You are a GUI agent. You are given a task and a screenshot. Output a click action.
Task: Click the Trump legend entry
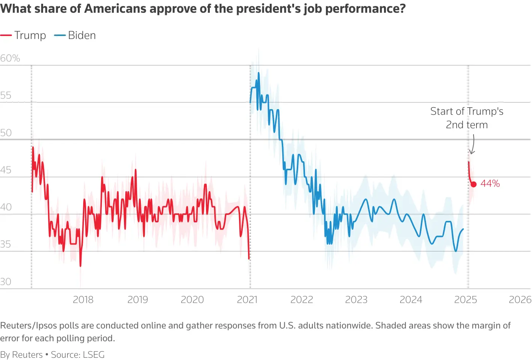(23, 35)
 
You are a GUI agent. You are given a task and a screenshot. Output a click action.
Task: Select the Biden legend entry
(75, 35)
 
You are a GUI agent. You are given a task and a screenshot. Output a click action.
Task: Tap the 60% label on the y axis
(10, 58)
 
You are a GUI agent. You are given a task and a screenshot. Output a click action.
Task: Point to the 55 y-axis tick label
(6, 95)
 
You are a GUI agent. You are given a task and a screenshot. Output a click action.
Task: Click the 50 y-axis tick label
(6, 133)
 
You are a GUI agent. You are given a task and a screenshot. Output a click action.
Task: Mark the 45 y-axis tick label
(6, 170)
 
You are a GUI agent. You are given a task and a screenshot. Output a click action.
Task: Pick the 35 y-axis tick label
(6, 244)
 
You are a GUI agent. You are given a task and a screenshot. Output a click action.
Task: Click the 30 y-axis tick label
(6, 282)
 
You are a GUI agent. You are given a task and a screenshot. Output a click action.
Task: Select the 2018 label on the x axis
(83, 300)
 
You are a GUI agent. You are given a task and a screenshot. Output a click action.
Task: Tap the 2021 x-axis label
(247, 300)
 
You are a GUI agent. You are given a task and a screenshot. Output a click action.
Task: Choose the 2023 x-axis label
(356, 300)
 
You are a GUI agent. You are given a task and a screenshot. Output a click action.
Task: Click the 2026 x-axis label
(520, 300)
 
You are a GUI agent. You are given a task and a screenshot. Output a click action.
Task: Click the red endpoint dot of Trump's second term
(474, 184)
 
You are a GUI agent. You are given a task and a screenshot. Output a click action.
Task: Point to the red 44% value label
(490, 183)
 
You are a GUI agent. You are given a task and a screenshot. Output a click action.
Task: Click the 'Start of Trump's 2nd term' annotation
(467, 118)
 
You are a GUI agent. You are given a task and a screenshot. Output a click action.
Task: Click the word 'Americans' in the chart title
(115, 8)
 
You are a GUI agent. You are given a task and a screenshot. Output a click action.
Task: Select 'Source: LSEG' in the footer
(78, 355)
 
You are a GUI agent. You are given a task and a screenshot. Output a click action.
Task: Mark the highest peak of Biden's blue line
(259, 73)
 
